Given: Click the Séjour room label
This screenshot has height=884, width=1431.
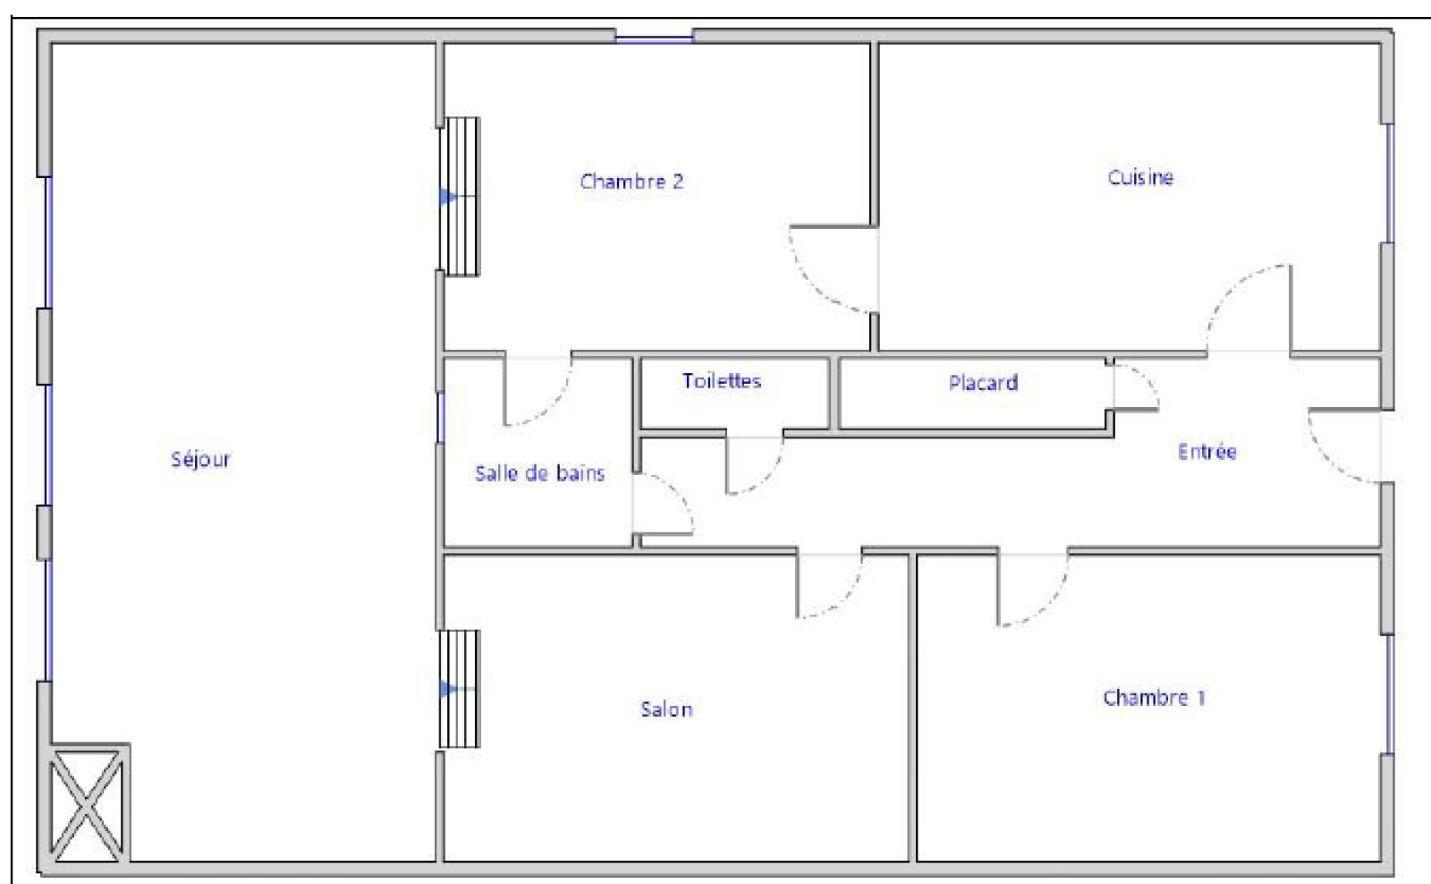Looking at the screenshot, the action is coord(200,460).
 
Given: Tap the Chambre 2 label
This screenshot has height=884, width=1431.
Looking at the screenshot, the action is coord(631,182).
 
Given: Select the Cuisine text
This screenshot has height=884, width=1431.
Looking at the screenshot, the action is coord(1140,177).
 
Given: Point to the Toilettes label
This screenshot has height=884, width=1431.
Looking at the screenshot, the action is coord(722,381).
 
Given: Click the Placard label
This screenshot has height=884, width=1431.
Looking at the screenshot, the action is coord(983,382).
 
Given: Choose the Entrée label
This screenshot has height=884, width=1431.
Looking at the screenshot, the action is coord(1207,451).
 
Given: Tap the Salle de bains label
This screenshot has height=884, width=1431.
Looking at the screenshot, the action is coord(540,473).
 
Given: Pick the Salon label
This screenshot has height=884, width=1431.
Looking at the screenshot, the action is coord(666,709).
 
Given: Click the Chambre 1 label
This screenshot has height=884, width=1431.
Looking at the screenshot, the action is coord(1154,697).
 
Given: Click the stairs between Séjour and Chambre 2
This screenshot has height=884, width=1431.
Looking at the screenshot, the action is coord(460,196).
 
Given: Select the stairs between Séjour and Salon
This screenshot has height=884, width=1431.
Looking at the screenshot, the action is coord(460,689).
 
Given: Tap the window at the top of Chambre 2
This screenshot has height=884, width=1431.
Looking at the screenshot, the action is coord(654,39).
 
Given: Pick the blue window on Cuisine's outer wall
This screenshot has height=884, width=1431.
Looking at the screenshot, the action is coord(1389,183).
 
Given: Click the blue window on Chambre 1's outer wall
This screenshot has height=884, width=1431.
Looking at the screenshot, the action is coord(1389,694).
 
